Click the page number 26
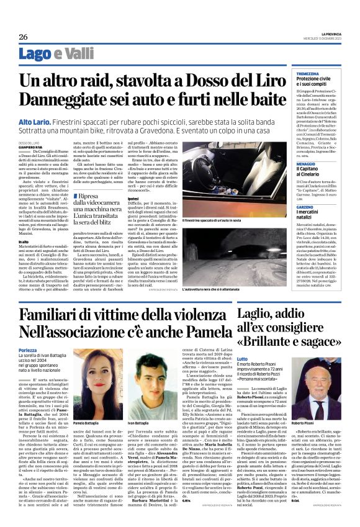tap(22, 37)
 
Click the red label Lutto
tap(243, 359)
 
